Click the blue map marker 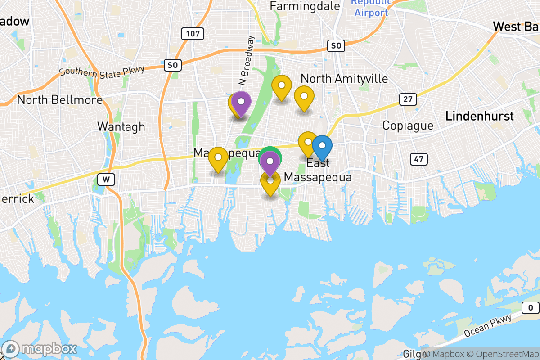(322, 147)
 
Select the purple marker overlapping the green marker (270, 162)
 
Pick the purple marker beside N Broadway (241, 103)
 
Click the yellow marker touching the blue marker (308, 143)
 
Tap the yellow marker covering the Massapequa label (218, 159)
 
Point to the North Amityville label (344, 79)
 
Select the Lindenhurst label (479, 117)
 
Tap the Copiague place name (408, 126)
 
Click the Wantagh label (121, 127)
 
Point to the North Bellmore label (60, 99)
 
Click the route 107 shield (193, 34)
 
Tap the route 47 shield (418, 158)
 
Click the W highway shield (106, 179)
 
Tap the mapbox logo (40, 349)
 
